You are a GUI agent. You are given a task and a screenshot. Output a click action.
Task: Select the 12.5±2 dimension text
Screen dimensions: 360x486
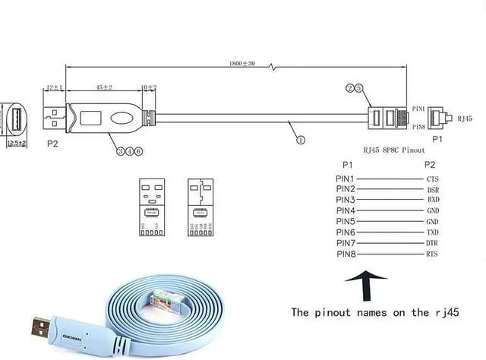tap(17, 142)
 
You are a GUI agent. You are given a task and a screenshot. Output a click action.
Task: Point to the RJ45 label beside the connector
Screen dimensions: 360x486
tap(463, 118)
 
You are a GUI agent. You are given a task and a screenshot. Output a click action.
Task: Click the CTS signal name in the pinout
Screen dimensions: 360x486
tap(432, 178)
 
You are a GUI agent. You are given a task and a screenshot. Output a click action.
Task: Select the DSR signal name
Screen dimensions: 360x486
tap(432, 188)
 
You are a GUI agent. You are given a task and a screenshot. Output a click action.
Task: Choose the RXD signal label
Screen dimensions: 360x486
tap(432, 199)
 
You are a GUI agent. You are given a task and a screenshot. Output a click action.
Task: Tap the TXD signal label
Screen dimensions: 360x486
tap(432, 231)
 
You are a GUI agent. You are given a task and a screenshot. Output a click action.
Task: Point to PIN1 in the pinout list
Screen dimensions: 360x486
tap(346, 178)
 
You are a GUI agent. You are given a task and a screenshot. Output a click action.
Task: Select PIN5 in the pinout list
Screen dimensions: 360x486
tap(346, 220)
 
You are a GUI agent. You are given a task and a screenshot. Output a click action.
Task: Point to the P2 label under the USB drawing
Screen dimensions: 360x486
tap(52, 142)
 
